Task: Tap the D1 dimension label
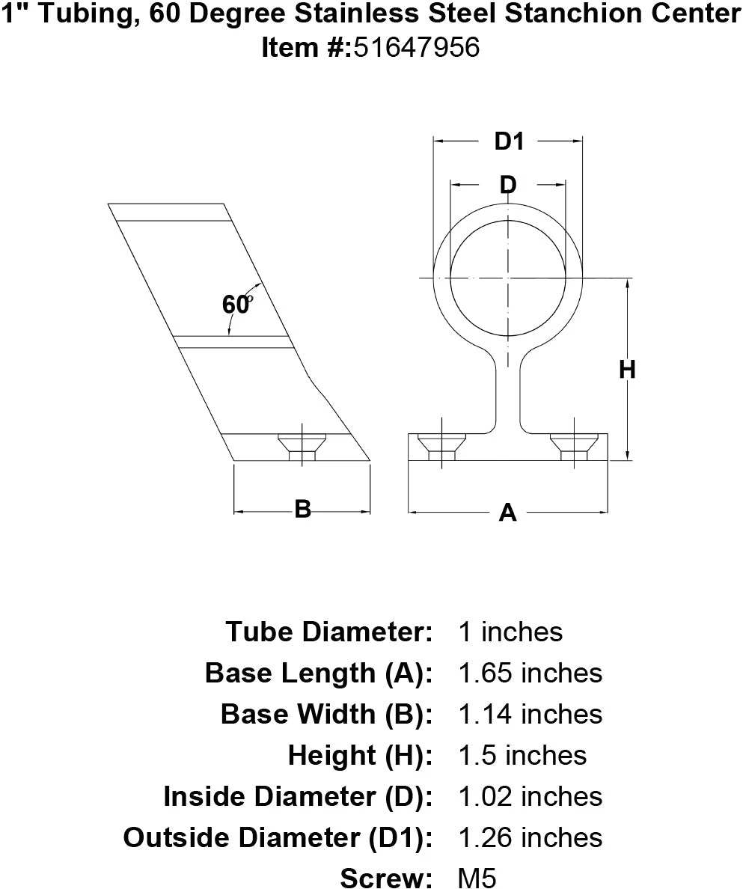[509, 141]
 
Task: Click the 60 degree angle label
[236, 305]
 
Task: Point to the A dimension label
[507, 513]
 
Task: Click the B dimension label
[302, 510]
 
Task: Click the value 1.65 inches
[529, 673]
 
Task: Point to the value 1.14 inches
[529, 714]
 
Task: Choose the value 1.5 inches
[522, 755]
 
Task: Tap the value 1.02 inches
[529, 796]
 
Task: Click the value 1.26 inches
[529, 837]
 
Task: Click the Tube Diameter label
[329, 632]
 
